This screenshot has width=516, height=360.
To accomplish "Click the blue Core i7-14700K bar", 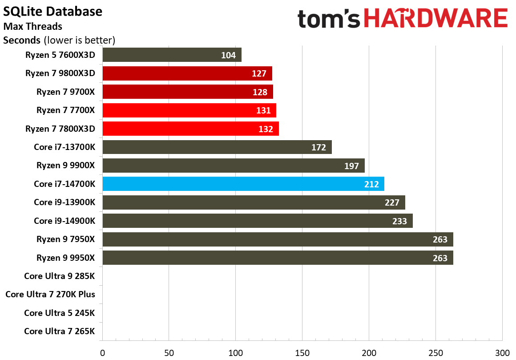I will coord(243,184).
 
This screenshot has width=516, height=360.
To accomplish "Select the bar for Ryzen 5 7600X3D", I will coord(172,55).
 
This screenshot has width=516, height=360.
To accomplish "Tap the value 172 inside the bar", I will coord(318,147).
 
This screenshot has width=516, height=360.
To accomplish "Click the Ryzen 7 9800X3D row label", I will coord(60,73).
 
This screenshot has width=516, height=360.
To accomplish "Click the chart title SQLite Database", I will coord(53,11).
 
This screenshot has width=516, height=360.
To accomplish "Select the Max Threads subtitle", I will coord(32,26).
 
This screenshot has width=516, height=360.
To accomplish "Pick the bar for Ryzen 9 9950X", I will coord(278,258).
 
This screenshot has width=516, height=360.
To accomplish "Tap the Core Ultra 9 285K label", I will coord(60,276).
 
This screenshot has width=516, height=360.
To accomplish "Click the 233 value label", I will coord(399,221).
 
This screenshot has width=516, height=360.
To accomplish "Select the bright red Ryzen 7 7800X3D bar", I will coord(190,129).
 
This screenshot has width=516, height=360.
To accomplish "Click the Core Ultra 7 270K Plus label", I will coord(50,294).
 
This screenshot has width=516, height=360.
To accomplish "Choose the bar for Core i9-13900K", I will coord(254,202).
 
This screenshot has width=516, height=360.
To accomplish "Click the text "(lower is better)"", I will coord(79,40).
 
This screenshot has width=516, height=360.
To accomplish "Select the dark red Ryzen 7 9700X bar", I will coord(187,92).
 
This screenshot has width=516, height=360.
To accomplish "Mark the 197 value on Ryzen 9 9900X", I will coord(351,166).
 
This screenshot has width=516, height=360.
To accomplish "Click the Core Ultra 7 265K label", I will coord(60,331).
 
